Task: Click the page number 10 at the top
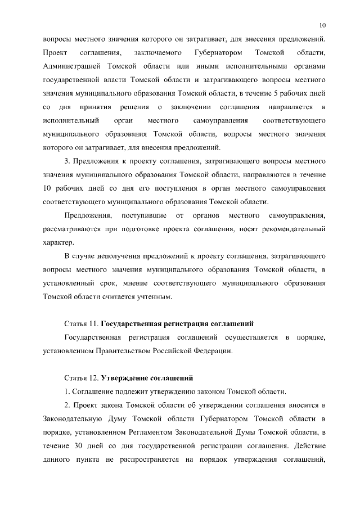point(322,25)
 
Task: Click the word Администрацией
point(70,66)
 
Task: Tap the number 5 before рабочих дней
point(281,93)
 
